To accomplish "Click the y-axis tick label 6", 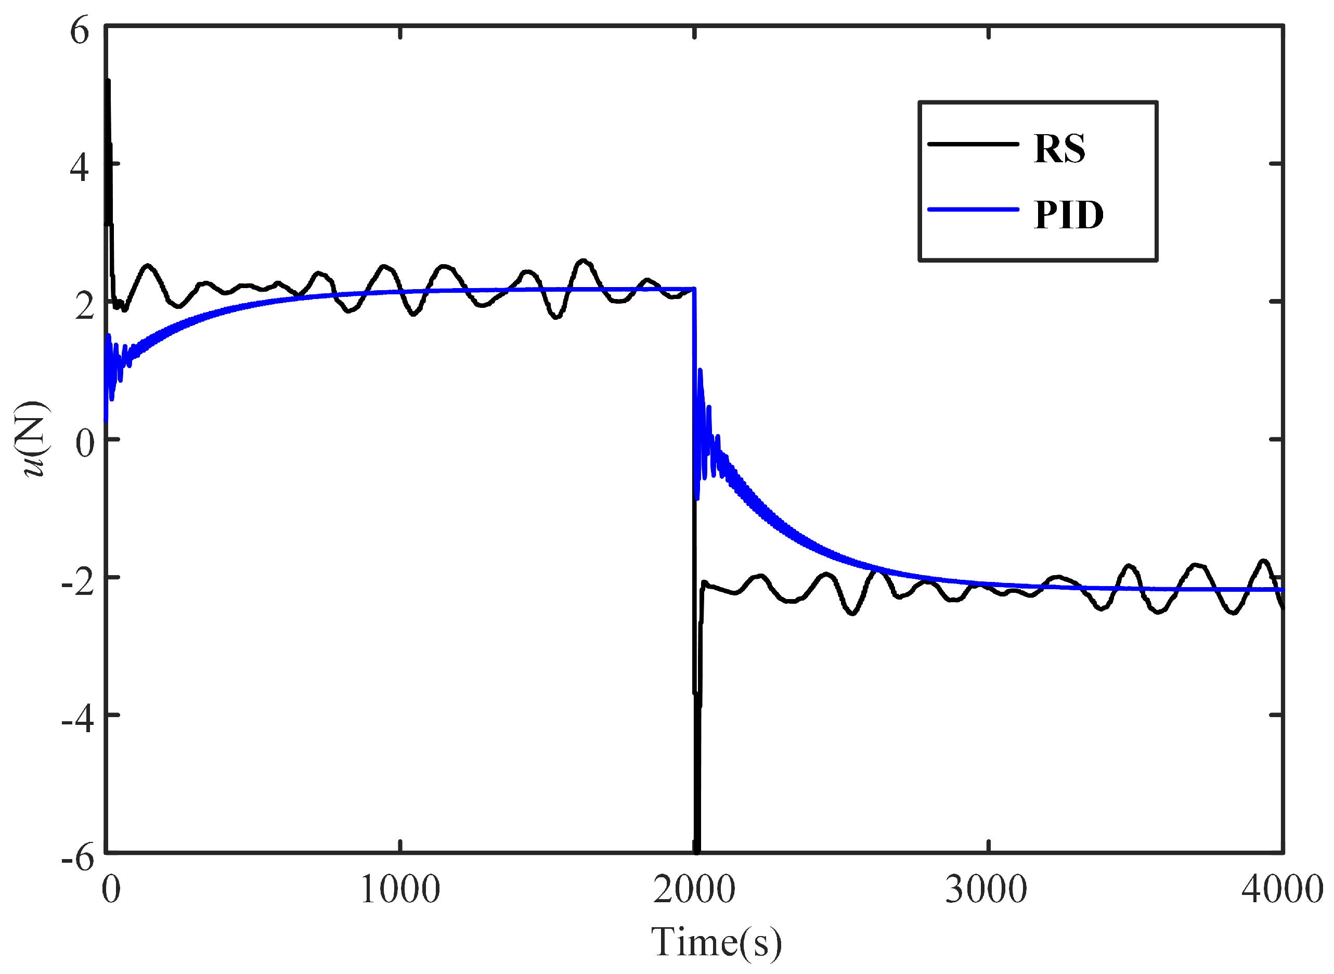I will click(x=80, y=31).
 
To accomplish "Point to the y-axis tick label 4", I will click(x=80, y=168).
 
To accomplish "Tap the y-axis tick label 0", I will click(x=84, y=444).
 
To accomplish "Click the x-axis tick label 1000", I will click(x=399, y=890).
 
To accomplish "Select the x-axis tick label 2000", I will click(x=694, y=890).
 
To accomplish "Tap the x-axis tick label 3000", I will click(x=986, y=890).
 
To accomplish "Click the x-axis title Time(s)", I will click(x=716, y=942).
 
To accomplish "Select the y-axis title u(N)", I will click(x=32, y=439).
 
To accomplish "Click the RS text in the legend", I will click(x=1059, y=149).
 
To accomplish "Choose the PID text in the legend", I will click(x=1069, y=215).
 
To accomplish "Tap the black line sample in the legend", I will click(x=973, y=144).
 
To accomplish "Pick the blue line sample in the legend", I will click(x=973, y=209).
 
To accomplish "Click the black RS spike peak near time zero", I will click(x=108, y=81).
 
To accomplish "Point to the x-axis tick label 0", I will click(x=111, y=890).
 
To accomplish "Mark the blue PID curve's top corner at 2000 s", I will click(x=694, y=289).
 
